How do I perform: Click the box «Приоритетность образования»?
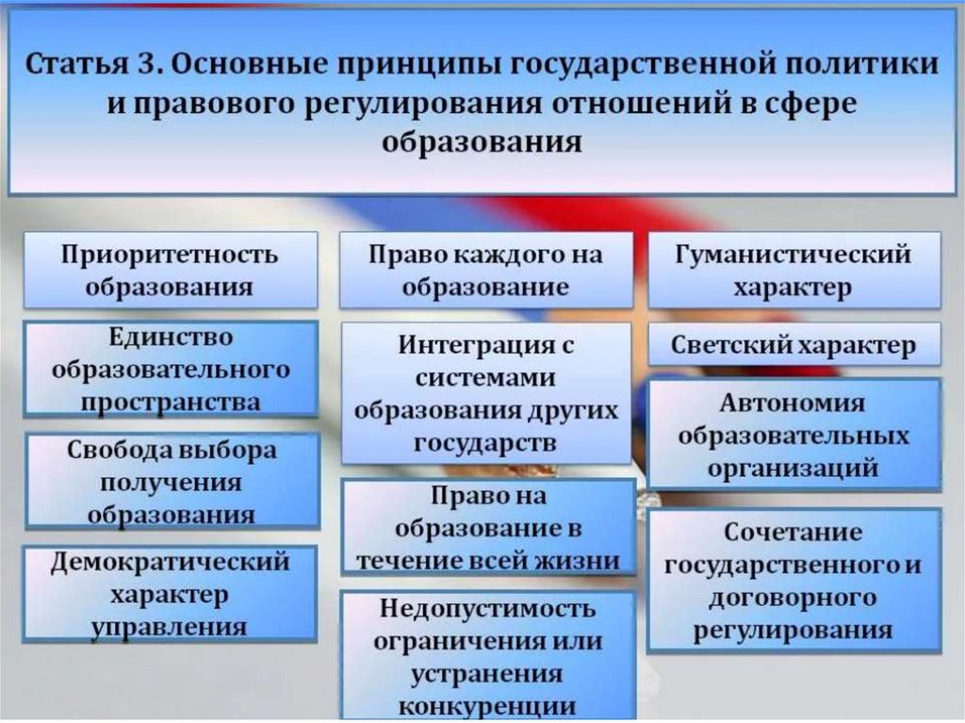click(x=170, y=271)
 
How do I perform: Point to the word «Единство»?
click(x=171, y=337)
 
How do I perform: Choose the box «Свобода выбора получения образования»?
click(x=172, y=482)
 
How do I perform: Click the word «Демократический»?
click(x=171, y=563)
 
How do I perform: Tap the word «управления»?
click(x=171, y=627)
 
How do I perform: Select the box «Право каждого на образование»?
click(x=485, y=271)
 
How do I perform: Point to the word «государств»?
click(x=485, y=442)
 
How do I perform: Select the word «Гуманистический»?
click(x=793, y=255)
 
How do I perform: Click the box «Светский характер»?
click(x=793, y=346)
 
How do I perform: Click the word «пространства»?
click(x=171, y=401)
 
